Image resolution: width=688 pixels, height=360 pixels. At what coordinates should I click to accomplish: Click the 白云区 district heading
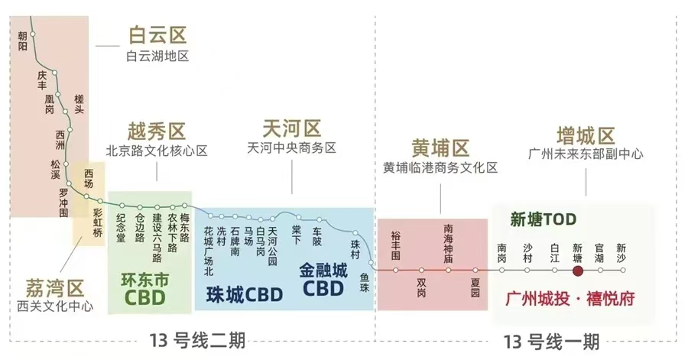(x=157, y=35)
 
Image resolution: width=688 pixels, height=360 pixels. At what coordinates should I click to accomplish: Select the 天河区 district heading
(x=291, y=128)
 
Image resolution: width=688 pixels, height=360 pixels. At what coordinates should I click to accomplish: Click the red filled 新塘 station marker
(x=578, y=270)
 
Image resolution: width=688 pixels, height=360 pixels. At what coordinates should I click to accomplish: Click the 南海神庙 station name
(x=448, y=243)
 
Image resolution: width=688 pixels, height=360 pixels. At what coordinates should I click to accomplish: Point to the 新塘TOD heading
(x=543, y=220)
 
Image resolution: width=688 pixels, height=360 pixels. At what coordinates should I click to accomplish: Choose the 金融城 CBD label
(x=323, y=278)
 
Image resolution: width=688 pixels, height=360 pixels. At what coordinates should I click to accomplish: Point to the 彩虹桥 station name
(x=97, y=222)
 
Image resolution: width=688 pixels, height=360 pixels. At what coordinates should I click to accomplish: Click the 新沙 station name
(x=621, y=253)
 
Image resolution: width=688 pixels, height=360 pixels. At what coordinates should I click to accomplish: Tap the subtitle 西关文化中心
(x=55, y=306)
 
